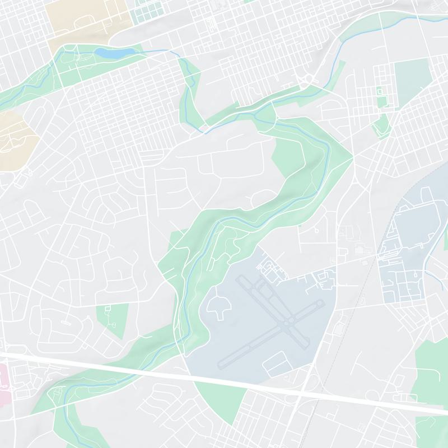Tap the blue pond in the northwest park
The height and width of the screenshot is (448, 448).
(x=115, y=52)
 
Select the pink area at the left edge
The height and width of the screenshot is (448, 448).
(x=4, y=381)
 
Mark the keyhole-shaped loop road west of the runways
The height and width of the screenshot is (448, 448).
(x=218, y=305)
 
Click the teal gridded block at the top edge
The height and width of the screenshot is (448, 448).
(x=148, y=11)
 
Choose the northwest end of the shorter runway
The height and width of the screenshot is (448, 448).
(x=241, y=276)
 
